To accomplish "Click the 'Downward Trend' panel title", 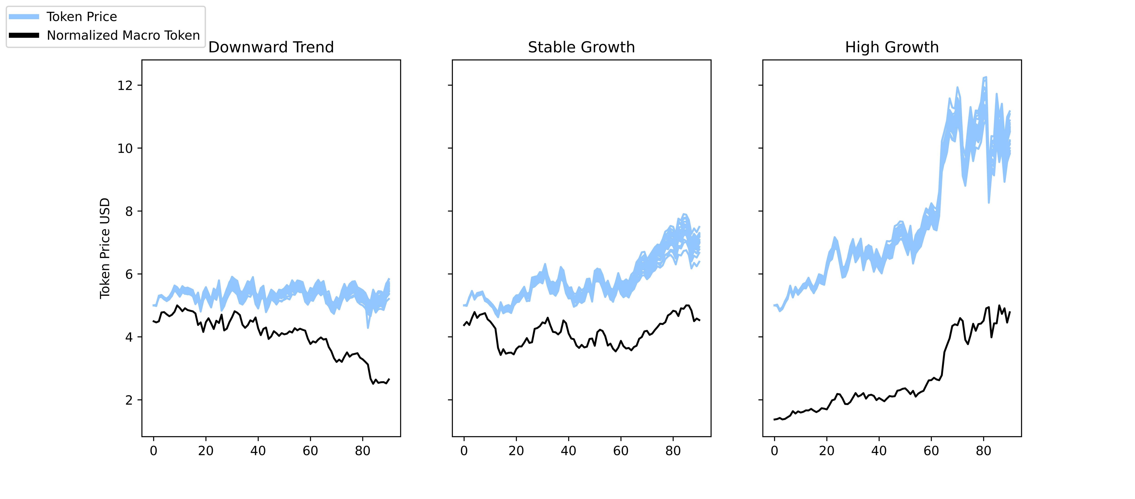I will pyautogui.click(x=271, y=47).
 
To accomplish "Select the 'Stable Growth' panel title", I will pyautogui.click(x=581, y=47).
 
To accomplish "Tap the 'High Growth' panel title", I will pyautogui.click(x=892, y=47).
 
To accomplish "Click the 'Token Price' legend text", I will pyautogui.click(x=82, y=17).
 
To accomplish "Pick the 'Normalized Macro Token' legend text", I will pyautogui.click(x=123, y=35).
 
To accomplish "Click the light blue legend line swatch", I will pyautogui.click(x=24, y=17).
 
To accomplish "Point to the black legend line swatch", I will pyautogui.click(x=24, y=35).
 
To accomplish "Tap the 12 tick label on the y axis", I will pyautogui.click(x=125, y=86).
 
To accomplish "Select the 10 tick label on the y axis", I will pyautogui.click(x=125, y=148).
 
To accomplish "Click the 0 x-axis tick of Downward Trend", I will pyautogui.click(x=153, y=451).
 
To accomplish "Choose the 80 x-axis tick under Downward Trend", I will pyautogui.click(x=363, y=451).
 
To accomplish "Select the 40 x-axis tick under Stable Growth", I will pyautogui.click(x=568, y=451).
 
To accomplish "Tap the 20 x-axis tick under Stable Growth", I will pyautogui.click(x=516, y=451).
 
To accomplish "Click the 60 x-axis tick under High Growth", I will pyautogui.click(x=931, y=451).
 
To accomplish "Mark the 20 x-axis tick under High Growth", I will pyautogui.click(x=827, y=451).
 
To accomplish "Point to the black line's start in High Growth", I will pyautogui.click(x=774, y=419).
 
